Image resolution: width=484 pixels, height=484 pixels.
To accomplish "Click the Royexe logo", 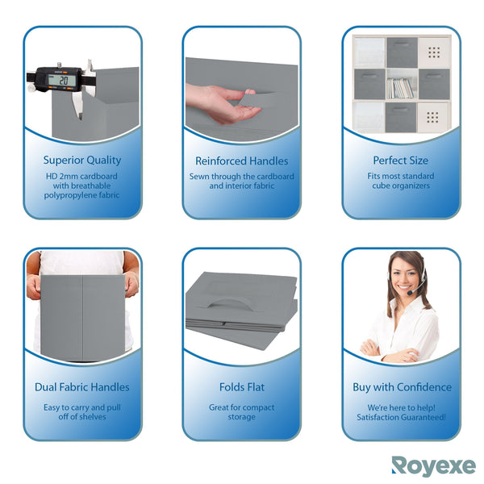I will coord(433,465).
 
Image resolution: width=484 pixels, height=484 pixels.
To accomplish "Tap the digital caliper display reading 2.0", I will coord(61,80).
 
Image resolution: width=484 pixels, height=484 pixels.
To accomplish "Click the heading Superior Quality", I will coord(82,161).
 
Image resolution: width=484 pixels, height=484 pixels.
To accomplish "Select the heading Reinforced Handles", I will coord(241,161).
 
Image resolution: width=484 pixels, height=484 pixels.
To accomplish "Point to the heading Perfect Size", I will coord(401,161).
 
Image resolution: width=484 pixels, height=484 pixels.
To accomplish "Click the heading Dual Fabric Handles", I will coord(82,387).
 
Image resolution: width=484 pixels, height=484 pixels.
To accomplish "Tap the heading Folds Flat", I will coord(241,387).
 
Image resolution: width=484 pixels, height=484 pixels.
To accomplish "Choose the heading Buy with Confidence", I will coord(401,387).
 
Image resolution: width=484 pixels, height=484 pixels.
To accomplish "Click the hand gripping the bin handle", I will coord(219,103).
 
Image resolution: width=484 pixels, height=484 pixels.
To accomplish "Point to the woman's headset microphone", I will coord(411,294).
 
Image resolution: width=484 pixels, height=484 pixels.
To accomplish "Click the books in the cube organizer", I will coord(400,87).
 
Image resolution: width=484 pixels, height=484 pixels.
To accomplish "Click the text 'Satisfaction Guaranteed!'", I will coord(401,417).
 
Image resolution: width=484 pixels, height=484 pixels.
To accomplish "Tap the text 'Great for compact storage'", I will coord(241,412).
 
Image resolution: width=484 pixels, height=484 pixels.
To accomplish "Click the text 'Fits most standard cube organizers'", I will coord(401,181).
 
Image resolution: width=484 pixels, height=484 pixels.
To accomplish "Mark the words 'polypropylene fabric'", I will coord(82,195).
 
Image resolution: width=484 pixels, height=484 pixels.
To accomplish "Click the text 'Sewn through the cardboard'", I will coord(241,176).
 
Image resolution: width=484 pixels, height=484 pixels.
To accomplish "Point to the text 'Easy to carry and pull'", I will coord(82,407).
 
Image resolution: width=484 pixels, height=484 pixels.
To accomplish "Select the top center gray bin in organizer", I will coord(400,52).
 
